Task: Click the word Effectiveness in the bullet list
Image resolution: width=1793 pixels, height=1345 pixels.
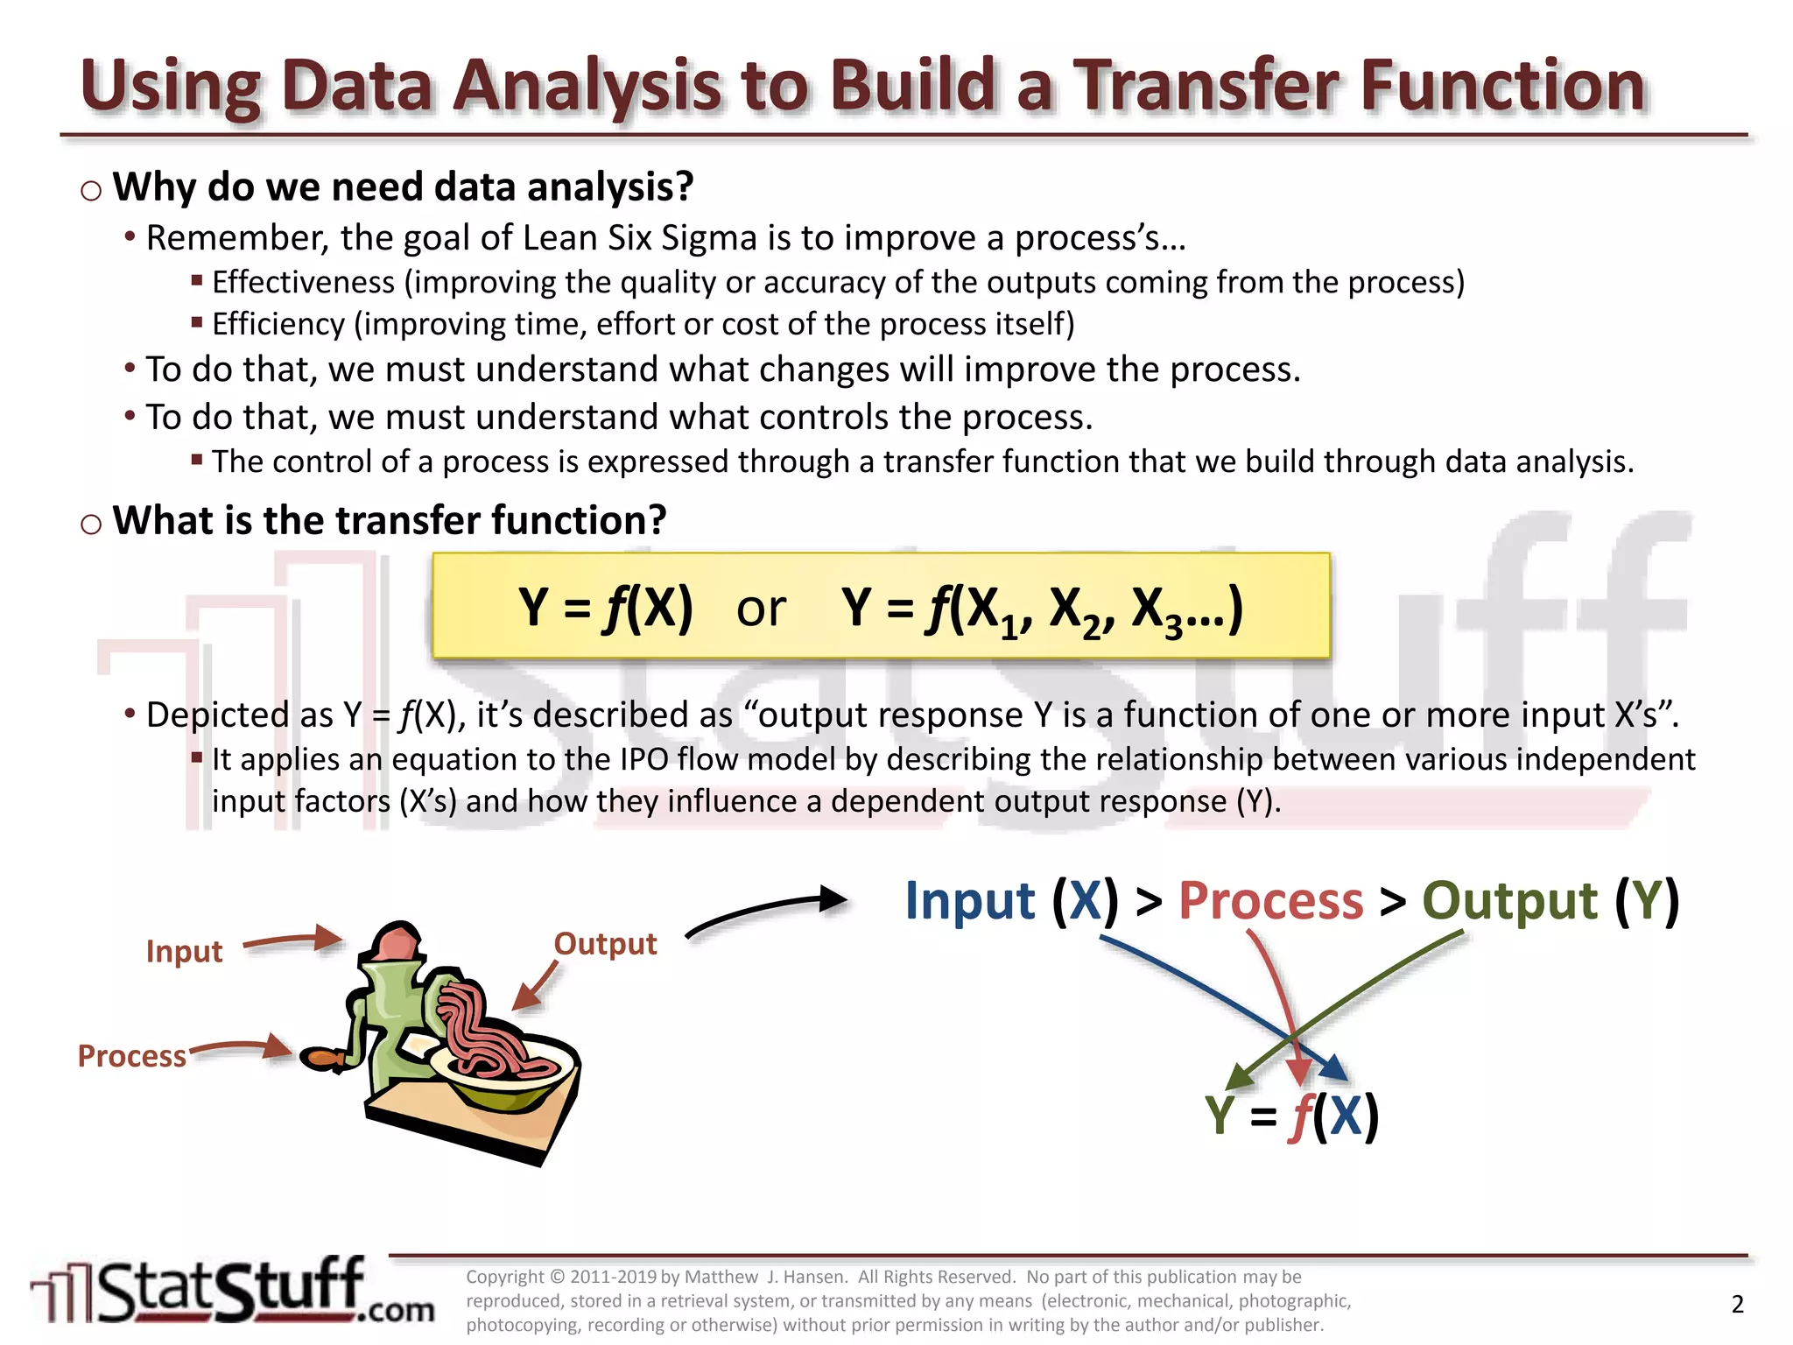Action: coord(303,283)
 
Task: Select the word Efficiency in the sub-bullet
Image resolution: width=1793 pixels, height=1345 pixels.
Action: coord(278,325)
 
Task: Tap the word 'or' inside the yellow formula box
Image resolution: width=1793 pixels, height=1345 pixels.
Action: coord(760,609)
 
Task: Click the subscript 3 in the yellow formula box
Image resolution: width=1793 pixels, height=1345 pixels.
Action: coord(1173,627)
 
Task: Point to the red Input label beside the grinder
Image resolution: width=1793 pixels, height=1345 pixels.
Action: coord(184,951)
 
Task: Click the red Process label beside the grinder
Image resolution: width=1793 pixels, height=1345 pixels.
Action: coord(131,1056)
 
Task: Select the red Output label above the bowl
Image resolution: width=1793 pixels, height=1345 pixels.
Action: coord(605,944)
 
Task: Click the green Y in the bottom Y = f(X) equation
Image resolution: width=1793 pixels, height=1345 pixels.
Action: coord(1220,1116)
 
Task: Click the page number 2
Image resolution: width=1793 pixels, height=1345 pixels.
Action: coord(1737,1305)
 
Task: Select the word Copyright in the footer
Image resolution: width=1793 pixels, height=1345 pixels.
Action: coord(505,1278)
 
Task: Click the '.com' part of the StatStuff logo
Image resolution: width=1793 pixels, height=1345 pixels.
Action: coord(397,1310)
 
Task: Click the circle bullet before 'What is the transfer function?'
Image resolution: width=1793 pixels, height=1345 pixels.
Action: coord(91,525)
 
